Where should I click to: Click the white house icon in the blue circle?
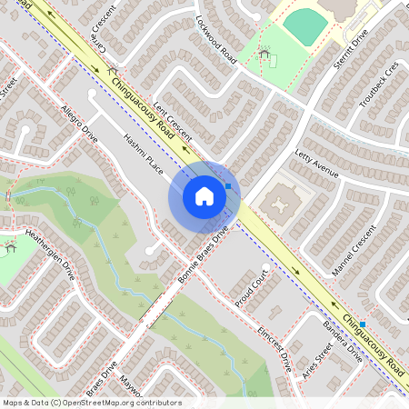tap(204, 196)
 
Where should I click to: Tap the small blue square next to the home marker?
tap(228, 185)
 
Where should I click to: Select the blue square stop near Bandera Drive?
tap(363, 324)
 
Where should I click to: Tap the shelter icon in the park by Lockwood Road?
tap(264, 55)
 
